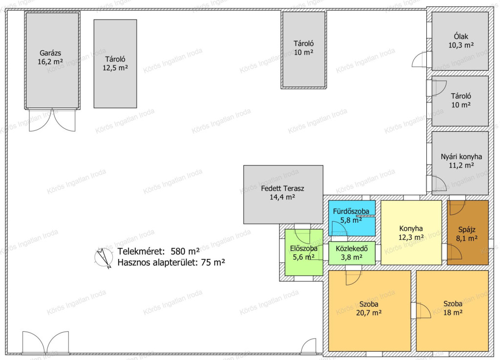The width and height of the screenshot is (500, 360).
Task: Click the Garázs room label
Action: (x=50, y=53)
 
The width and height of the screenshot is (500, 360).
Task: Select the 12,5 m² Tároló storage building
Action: (x=115, y=64)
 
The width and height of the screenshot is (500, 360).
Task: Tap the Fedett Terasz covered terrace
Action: (x=283, y=194)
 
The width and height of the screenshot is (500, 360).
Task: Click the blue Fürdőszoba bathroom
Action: (x=352, y=218)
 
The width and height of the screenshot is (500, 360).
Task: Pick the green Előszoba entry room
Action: (x=304, y=252)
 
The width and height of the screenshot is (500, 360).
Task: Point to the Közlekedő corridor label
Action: (x=352, y=249)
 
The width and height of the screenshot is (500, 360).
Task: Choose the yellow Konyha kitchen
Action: (x=411, y=233)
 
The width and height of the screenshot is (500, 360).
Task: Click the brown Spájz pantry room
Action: (x=468, y=233)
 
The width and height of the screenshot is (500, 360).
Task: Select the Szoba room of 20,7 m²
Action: (x=370, y=311)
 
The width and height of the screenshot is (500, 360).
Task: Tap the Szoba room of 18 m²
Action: (x=453, y=311)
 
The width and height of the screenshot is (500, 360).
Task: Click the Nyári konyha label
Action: (x=461, y=157)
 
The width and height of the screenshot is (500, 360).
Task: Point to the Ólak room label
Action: (x=461, y=36)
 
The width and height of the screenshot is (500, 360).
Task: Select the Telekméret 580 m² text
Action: (x=159, y=251)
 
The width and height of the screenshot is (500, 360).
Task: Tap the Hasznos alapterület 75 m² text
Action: (x=171, y=262)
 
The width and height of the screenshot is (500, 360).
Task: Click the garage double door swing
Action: (x=52, y=120)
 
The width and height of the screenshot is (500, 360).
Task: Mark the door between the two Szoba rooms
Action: (x=421, y=311)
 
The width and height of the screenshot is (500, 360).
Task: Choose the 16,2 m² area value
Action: (x=50, y=62)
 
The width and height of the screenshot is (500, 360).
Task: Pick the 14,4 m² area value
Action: (x=282, y=197)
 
